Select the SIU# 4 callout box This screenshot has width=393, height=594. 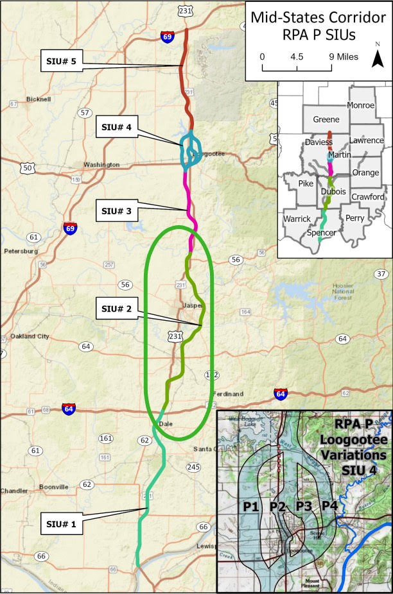(116, 128)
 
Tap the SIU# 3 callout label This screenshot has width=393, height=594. (116, 208)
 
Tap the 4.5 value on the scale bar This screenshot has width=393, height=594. (297, 56)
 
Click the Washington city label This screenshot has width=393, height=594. (101, 165)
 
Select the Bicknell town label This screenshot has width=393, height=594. (39, 99)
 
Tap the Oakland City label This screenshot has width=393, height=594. (30, 336)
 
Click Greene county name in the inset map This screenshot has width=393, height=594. (326, 119)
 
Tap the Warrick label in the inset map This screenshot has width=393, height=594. (297, 219)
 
